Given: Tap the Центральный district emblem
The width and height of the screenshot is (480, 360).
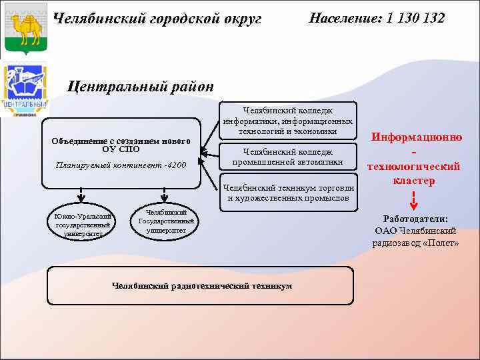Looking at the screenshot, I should [25, 90].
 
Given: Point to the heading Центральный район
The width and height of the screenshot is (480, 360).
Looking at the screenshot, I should [142, 86].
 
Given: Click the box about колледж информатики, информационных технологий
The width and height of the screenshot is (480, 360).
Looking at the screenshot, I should [288, 121].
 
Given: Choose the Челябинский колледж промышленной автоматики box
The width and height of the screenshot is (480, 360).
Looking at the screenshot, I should [288, 157].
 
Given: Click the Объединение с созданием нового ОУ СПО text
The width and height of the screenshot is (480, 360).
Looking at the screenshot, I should [121, 145].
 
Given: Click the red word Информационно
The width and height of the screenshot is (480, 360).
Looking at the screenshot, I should [417, 137].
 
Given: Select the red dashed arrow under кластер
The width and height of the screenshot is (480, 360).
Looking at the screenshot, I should [414, 199].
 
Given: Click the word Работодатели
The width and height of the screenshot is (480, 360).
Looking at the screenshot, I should [415, 219].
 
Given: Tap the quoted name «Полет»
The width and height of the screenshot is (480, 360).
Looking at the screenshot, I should [441, 243].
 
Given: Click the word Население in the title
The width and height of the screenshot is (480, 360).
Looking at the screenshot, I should [342, 18].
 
